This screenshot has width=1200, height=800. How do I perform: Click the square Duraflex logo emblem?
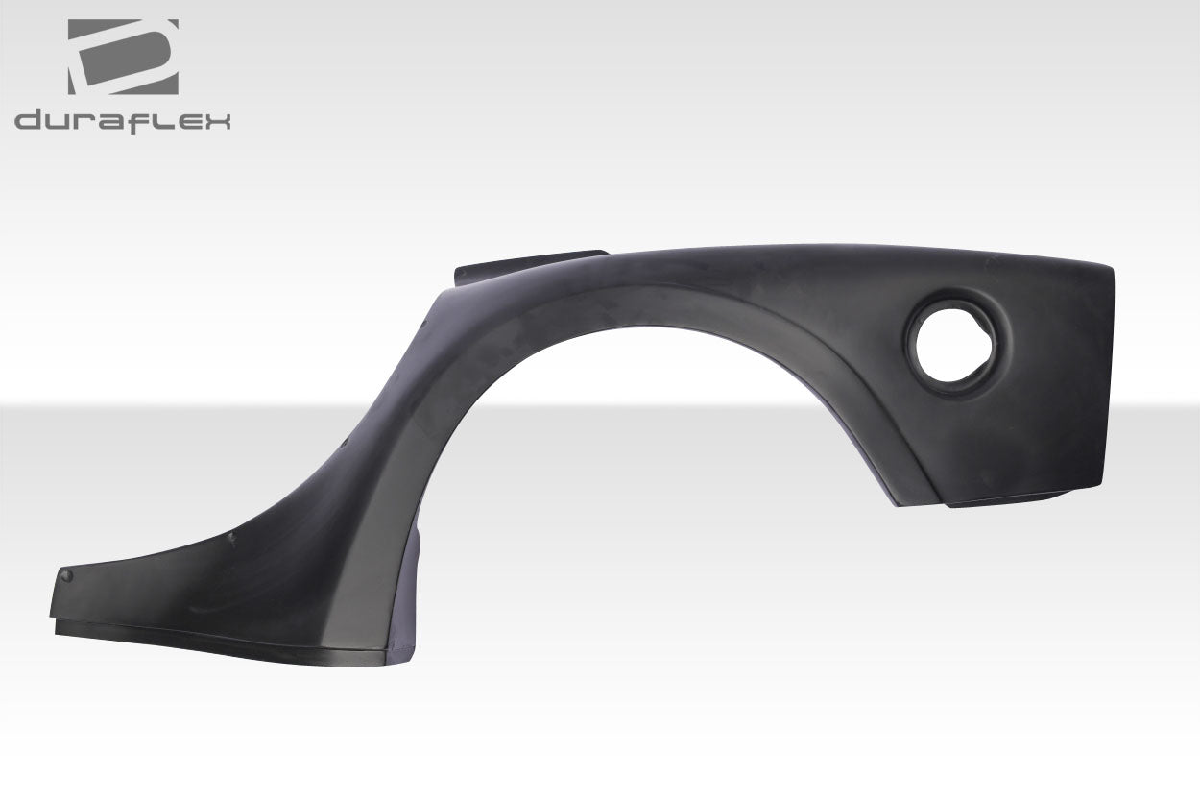(x=123, y=57)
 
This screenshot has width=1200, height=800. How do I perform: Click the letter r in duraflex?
(x=85, y=122)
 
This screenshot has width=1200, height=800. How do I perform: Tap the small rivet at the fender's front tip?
(x=66, y=575)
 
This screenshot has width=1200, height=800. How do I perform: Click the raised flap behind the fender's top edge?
(x=528, y=265)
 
